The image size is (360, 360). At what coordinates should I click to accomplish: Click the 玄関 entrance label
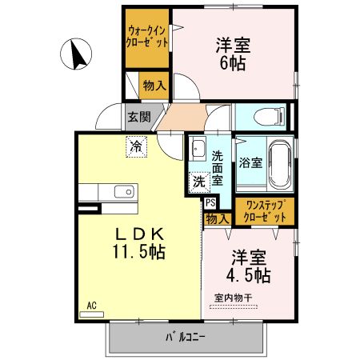click(x=138, y=117)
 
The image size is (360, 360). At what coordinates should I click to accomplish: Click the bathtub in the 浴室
click(x=280, y=161)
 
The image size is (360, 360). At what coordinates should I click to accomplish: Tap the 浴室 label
click(x=250, y=162)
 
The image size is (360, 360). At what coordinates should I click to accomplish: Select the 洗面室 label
click(x=217, y=163)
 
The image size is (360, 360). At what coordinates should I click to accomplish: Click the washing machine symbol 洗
click(x=198, y=182)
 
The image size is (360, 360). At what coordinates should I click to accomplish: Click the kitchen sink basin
click(x=123, y=191)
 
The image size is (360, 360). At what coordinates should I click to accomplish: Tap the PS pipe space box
click(x=210, y=203)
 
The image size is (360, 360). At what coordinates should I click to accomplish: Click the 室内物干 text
click(x=234, y=298)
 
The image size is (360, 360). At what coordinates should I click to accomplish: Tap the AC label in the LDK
click(x=92, y=305)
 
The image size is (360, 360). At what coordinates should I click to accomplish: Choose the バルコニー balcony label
click(x=186, y=337)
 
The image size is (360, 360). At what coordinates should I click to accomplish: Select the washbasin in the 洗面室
click(x=198, y=150)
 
